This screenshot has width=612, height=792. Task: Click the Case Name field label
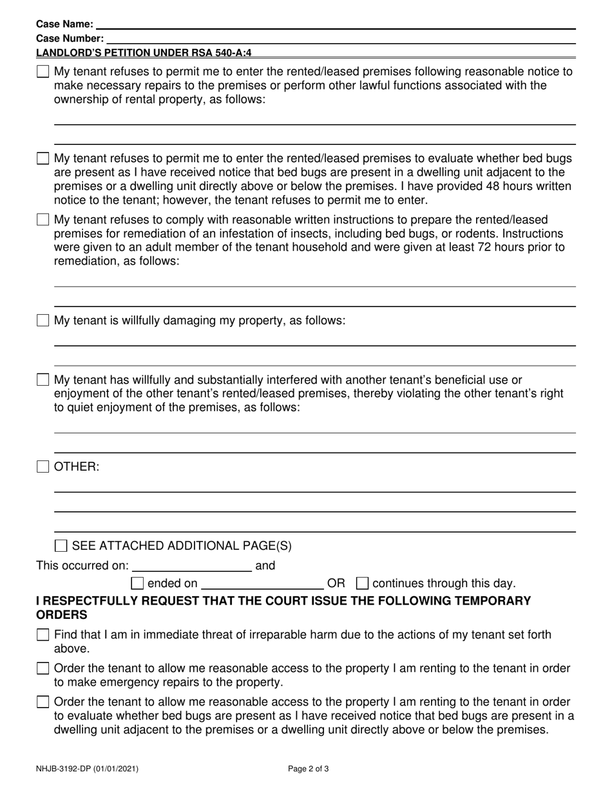64,24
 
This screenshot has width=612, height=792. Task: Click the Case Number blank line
341,39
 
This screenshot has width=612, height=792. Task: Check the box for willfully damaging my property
43,321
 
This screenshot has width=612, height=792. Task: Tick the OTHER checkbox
43,467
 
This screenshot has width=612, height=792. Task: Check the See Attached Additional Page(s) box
61,547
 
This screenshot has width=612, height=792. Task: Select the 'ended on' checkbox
137,584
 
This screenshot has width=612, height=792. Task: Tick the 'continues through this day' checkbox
362,584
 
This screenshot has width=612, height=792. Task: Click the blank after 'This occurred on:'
191,567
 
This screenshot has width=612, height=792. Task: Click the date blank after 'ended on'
262,584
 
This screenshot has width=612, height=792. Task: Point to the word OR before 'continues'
336,584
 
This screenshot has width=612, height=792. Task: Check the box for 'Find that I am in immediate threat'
43,636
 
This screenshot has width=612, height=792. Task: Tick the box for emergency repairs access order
43,669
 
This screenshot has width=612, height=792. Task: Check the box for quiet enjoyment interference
43,380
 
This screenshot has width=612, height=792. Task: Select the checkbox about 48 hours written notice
43,158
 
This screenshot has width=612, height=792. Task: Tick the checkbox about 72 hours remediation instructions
43,220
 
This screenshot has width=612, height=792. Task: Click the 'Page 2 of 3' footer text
309,768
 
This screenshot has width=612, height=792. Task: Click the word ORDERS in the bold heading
61,615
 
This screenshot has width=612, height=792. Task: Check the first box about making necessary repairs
43,72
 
